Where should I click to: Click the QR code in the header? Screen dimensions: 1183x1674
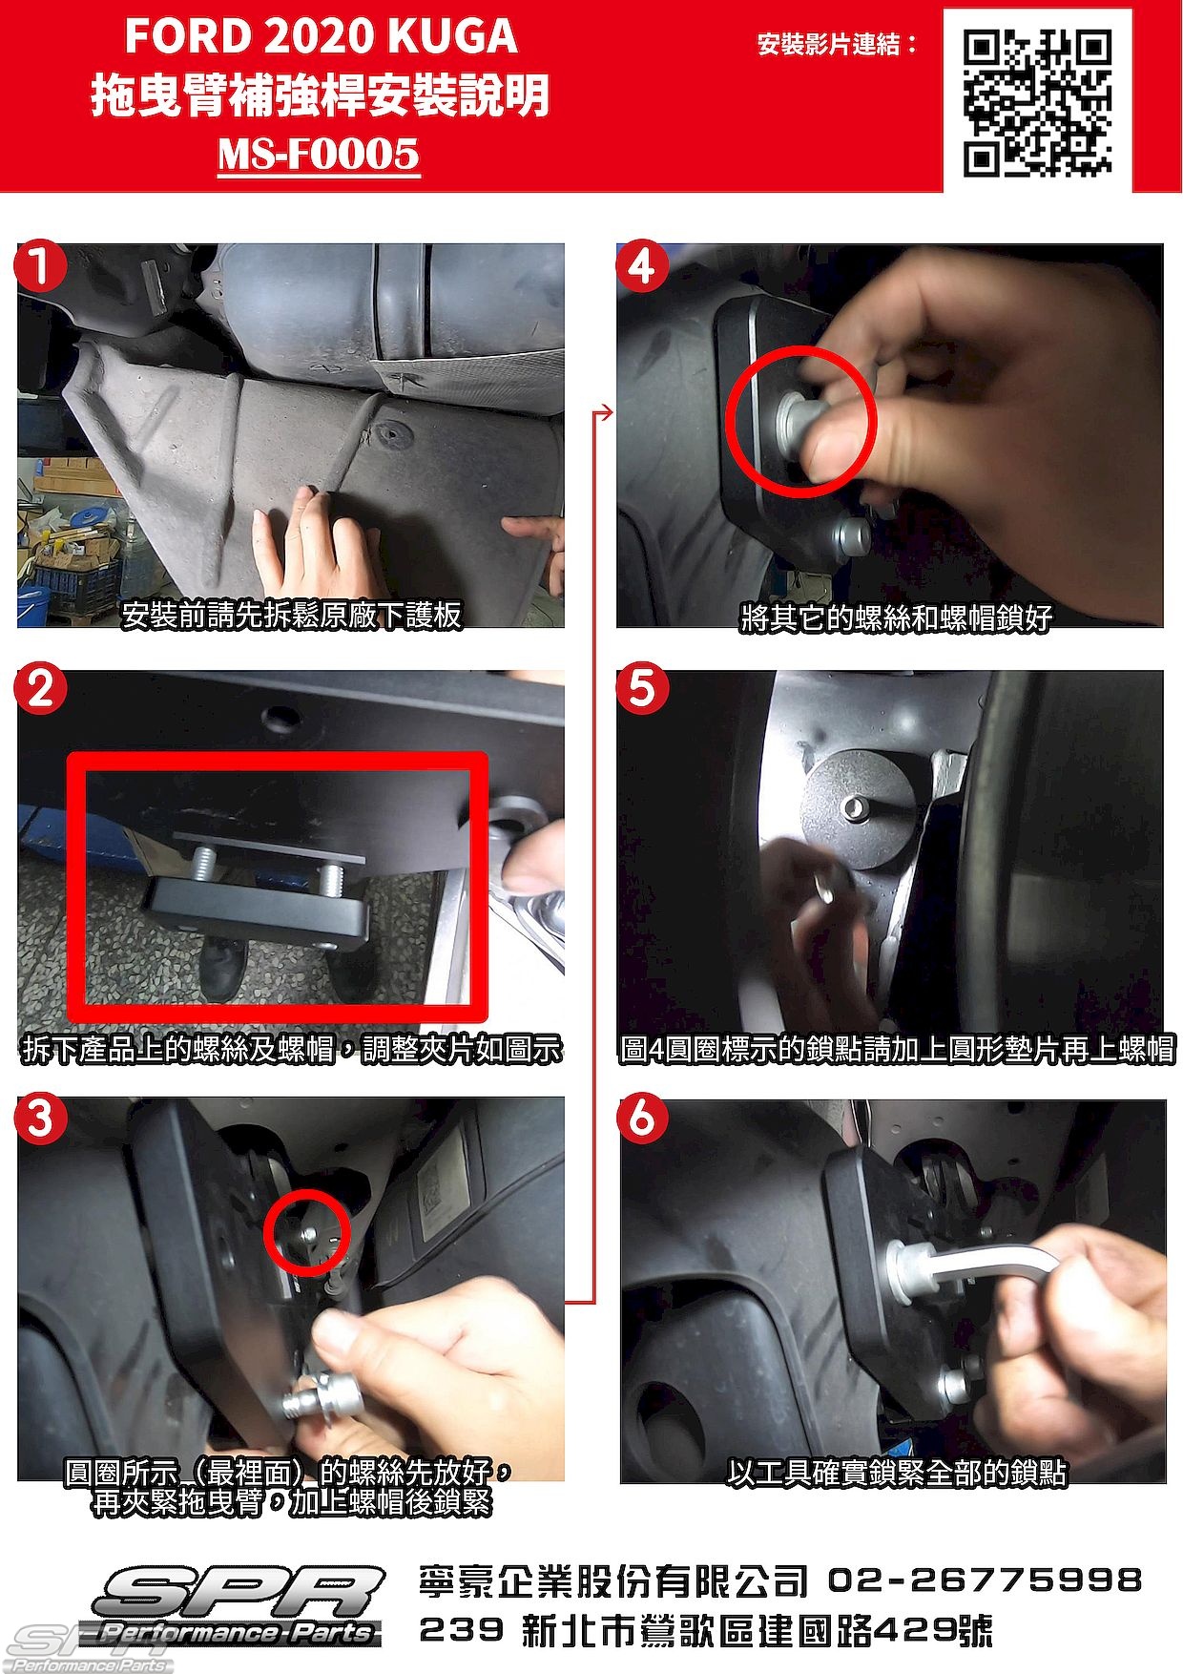1037,103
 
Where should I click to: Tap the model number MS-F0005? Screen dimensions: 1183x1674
319,154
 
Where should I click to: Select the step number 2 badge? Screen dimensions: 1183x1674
41,689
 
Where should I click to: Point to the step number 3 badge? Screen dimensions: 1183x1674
41,1118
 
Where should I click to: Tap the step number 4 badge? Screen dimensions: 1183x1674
642,265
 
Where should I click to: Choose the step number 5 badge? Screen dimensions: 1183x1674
642,689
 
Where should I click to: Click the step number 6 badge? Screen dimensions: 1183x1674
642,1118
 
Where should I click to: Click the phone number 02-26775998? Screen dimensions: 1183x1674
985,1580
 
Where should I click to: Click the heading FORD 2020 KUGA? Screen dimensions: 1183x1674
321,36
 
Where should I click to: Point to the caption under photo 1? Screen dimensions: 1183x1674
291,616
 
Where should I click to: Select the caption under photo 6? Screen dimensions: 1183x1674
896,1473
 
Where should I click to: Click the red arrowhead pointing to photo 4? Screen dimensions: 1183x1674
605,413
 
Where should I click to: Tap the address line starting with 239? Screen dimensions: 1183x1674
706,1630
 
